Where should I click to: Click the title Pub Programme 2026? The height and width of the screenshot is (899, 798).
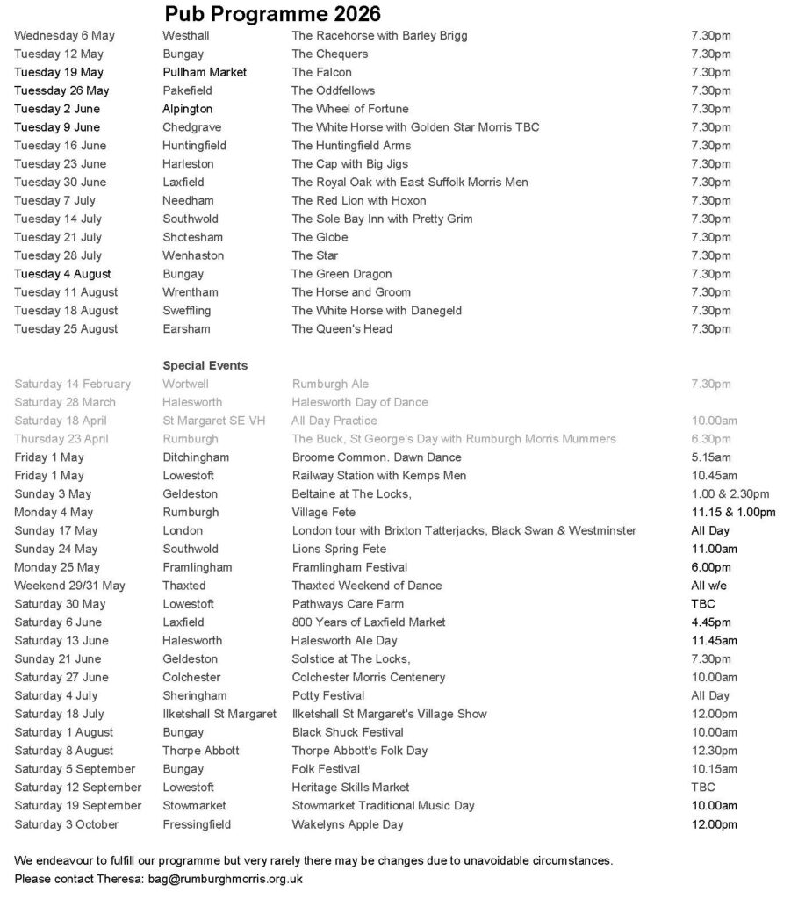(x=272, y=13)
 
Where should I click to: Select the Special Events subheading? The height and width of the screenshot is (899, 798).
(x=205, y=365)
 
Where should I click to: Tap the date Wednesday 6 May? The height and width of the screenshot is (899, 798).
(x=64, y=36)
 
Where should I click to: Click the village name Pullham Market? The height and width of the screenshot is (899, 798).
(x=205, y=72)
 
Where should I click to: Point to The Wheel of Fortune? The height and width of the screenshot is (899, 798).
(x=349, y=109)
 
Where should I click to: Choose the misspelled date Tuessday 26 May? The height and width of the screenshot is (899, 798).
(x=61, y=90)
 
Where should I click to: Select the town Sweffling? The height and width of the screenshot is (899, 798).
(x=186, y=311)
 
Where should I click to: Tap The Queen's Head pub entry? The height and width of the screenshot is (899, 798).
(x=341, y=329)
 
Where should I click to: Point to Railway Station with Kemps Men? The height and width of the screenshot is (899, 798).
(x=378, y=476)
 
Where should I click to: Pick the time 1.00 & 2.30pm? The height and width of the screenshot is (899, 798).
(x=730, y=494)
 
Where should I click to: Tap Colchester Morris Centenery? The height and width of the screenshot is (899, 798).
(x=368, y=678)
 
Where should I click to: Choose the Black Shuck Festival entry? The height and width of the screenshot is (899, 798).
(x=347, y=732)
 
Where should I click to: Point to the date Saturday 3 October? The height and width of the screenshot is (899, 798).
(x=66, y=824)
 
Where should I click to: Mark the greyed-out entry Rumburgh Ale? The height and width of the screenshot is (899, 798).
(x=330, y=384)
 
